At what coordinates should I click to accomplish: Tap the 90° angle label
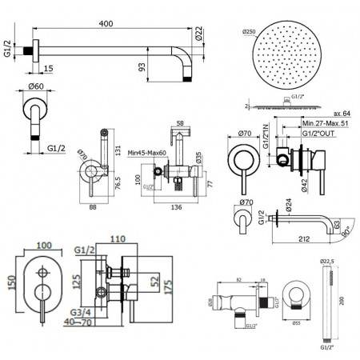346,231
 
